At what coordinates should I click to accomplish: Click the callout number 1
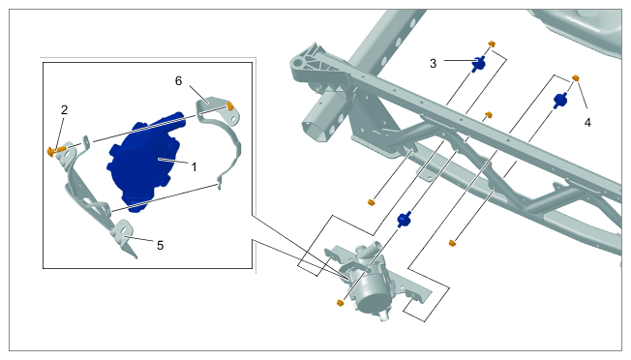click(x=194, y=166)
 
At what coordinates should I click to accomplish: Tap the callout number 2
click(x=65, y=109)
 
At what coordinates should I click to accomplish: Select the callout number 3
click(x=433, y=64)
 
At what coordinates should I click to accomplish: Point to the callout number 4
click(x=587, y=123)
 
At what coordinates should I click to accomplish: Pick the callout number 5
click(x=160, y=246)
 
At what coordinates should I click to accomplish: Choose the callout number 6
click(x=178, y=81)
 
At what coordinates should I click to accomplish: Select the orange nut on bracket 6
click(x=230, y=106)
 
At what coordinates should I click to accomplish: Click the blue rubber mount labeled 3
click(x=478, y=64)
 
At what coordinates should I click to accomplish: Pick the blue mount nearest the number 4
click(x=560, y=100)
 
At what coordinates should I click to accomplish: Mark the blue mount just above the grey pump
click(x=404, y=220)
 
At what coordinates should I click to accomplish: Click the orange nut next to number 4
click(x=576, y=77)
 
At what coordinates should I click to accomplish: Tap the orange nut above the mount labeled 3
click(x=492, y=44)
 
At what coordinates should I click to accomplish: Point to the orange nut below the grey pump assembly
click(x=340, y=303)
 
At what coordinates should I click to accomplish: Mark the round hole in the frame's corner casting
click(x=297, y=63)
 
